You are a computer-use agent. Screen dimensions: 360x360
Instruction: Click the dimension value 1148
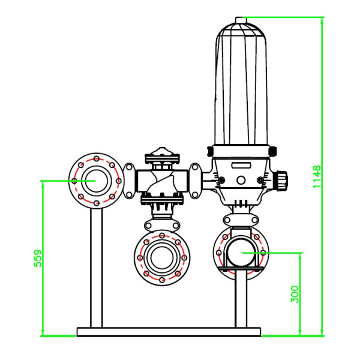318,176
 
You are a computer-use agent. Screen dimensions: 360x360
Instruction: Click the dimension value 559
37,259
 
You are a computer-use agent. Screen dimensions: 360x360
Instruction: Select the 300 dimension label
295,293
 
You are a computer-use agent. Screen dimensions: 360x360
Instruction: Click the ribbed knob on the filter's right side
281,179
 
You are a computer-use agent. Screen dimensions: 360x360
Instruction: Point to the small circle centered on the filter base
241,179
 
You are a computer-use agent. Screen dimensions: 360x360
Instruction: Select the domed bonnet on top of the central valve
160,154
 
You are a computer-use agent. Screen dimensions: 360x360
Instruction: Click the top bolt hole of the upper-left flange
96,159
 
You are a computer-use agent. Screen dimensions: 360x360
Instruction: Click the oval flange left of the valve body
130,180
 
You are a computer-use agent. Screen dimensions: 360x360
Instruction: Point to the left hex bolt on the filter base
221,179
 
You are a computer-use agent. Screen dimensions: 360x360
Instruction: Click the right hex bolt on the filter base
260,179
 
